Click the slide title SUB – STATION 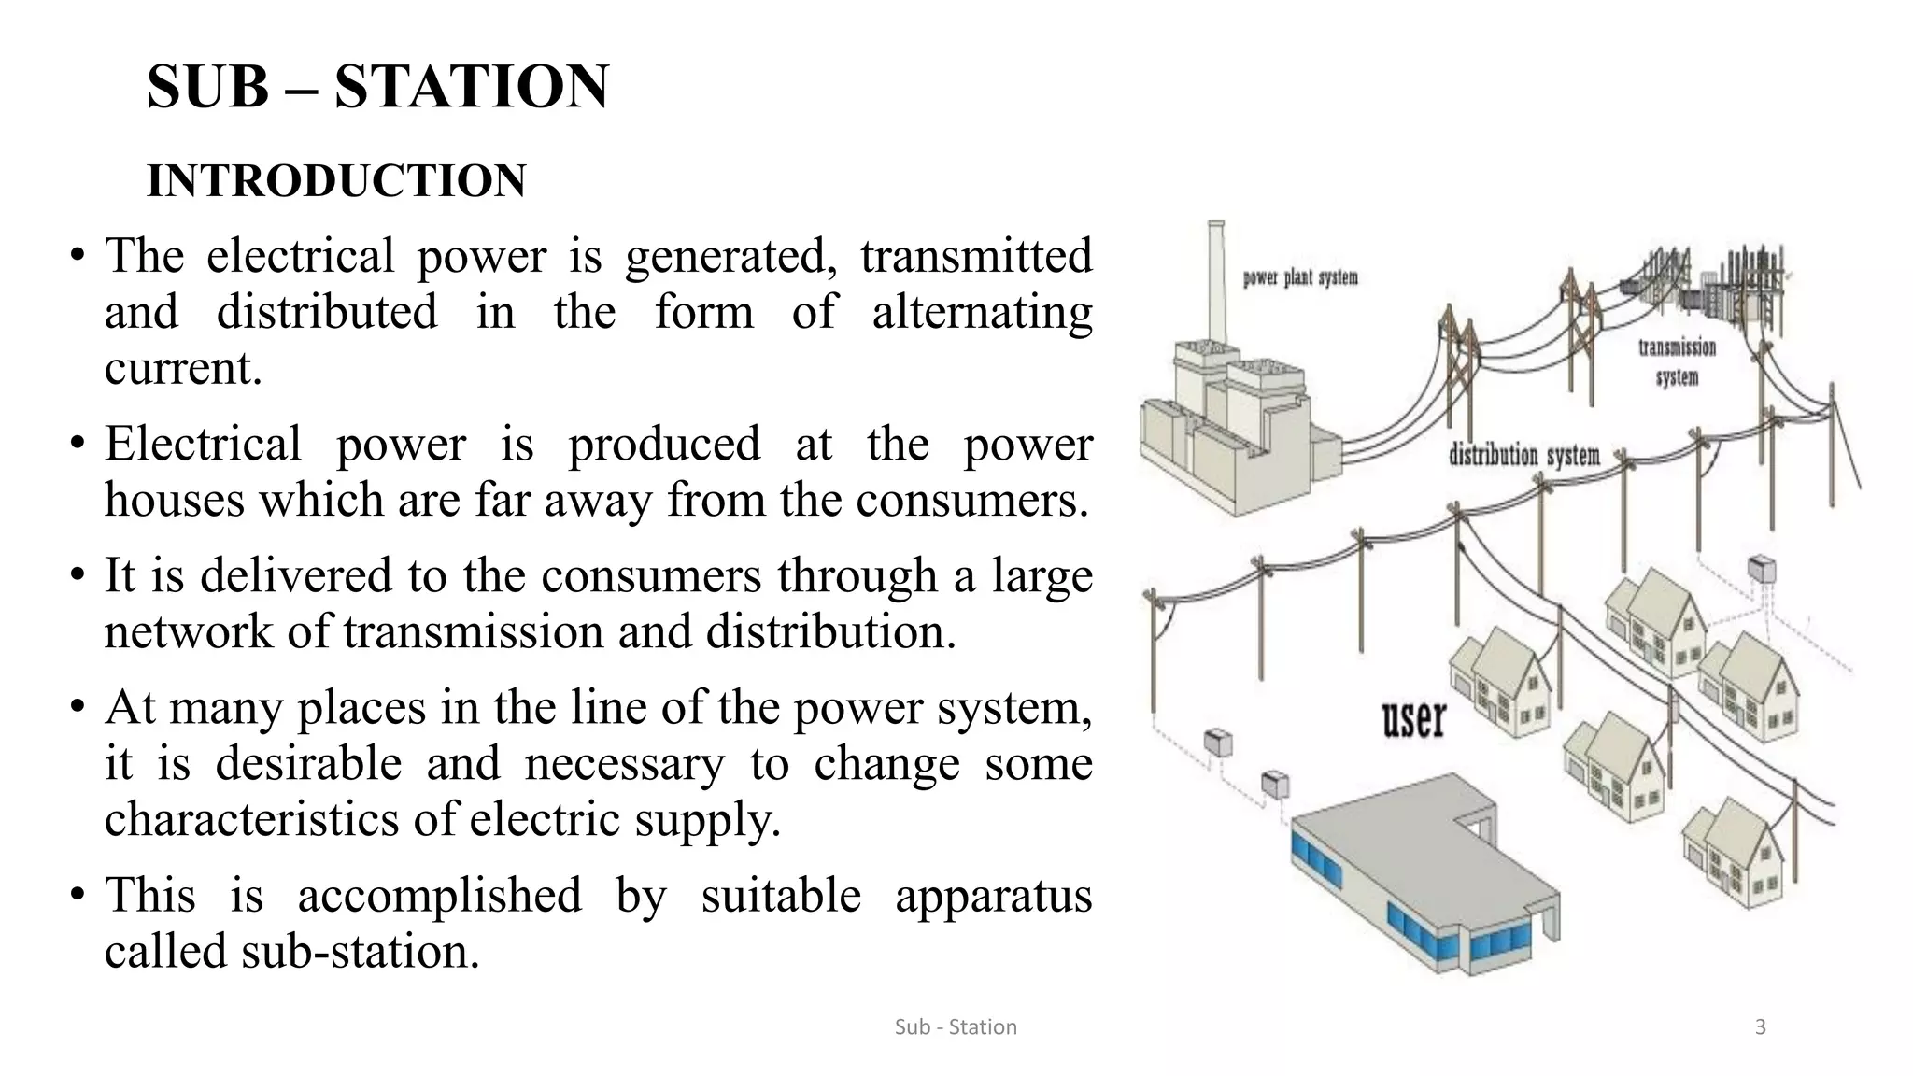pos(377,86)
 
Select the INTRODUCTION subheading pos(336,180)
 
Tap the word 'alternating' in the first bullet pos(982,312)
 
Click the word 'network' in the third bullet pos(188,632)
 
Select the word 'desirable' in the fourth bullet pos(308,764)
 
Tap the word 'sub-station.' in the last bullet pos(360,952)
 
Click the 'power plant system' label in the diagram pos(1299,277)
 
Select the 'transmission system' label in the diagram pos(1677,361)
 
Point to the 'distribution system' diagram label pos(1523,456)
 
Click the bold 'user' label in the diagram pos(1413,719)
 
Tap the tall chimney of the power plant pos(1215,280)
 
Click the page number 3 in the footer pos(1760,1027)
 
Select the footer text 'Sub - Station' pos(956,1027)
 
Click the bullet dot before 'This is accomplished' pos(78,895)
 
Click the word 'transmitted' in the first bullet pos(975,257)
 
